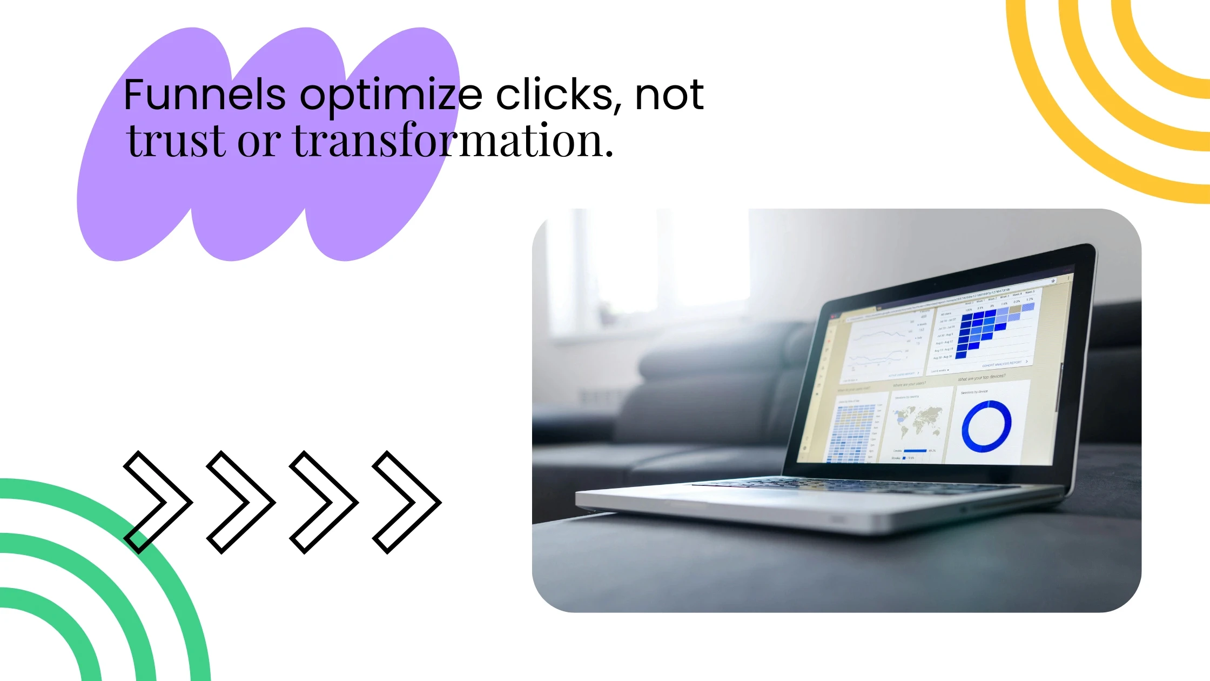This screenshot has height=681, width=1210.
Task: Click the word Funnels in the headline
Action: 204,95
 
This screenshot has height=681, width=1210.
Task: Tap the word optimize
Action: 391,96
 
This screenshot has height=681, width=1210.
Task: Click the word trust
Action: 176,141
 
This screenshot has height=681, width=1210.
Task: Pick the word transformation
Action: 453,141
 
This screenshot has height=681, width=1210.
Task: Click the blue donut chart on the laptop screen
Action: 986,426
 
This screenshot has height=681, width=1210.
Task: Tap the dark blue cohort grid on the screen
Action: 979,331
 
